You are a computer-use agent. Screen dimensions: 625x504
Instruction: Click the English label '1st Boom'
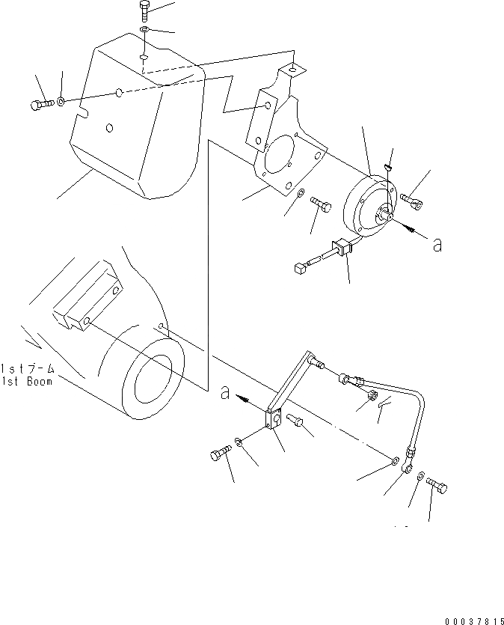[x=26, y=382]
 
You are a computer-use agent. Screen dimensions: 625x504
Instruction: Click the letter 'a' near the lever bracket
[x=224, y=395]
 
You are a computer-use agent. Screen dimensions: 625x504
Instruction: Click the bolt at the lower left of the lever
[x=221, y=452]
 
